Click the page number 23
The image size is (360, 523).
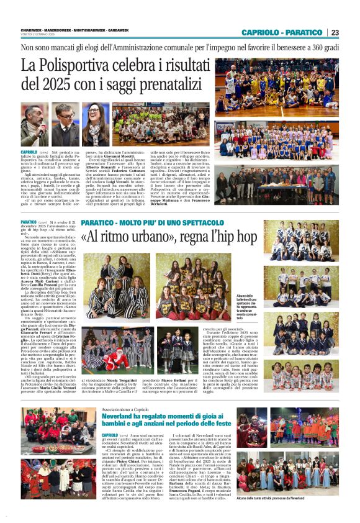coord(335,32)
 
